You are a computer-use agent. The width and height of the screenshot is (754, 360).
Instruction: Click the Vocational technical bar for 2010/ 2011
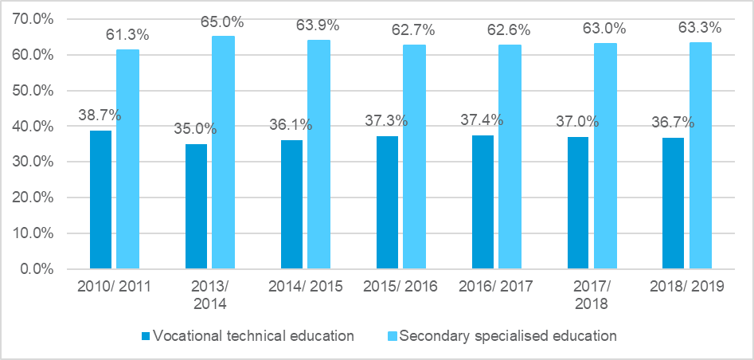(x=100, y=199)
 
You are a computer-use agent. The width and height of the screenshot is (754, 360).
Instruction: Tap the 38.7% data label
(x=100, y=115)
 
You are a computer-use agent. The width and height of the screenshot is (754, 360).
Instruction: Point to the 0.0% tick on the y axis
(x=37, y=269)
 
